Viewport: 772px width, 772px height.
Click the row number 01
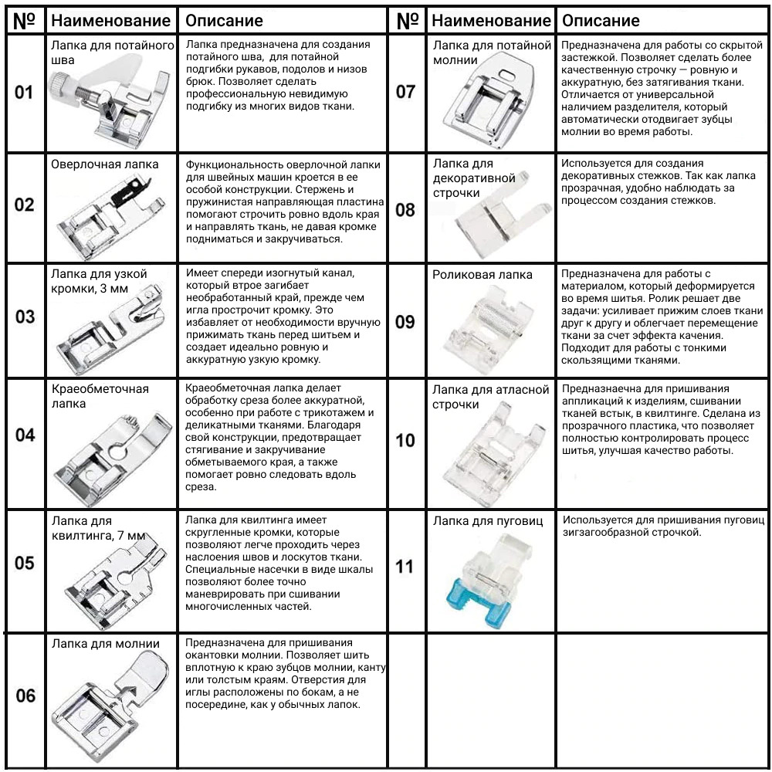[25, 93]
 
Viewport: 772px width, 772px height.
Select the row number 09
[405, 322]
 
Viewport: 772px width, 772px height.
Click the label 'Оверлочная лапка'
[105, 164]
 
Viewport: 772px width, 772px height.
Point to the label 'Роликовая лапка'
[482, 275]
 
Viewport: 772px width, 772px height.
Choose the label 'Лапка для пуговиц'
[488, 521]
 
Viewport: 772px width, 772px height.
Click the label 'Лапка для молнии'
[106, 644]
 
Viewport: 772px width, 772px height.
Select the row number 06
[25, 696]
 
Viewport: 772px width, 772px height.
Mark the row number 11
[405, 567]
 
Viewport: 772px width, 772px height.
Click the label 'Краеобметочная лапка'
[100, 396]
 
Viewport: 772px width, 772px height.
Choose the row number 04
[25, 435]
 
